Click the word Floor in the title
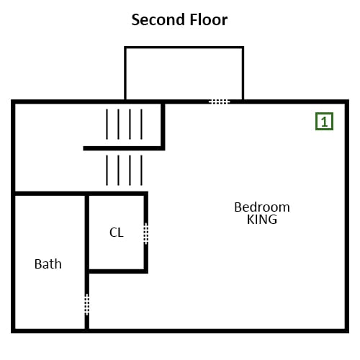(209, 19)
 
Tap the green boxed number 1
(324, 122)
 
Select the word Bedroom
(262, 207)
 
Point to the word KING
(262, 220)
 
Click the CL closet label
(117, 233)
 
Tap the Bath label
(48, 264)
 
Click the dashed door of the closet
(146, 234)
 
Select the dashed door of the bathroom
(87, 305)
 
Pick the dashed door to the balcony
(220, 102)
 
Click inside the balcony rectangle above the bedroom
(184, 73)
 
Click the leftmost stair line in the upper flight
(107, 124)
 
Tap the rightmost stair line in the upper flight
(141, 124)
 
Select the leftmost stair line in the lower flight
(107, 171)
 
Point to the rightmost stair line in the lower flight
(141, 171)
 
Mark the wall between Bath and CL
(87, 244)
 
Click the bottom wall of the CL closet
(118, 271)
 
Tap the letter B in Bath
(37, 264)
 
